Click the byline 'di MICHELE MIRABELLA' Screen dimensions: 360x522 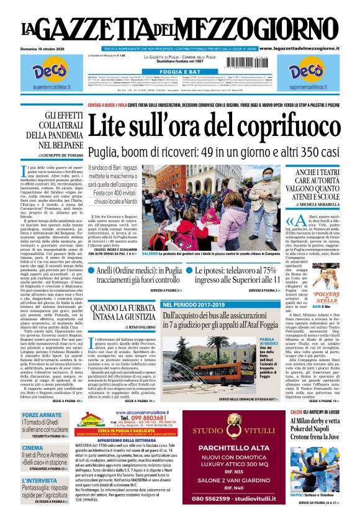316,204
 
